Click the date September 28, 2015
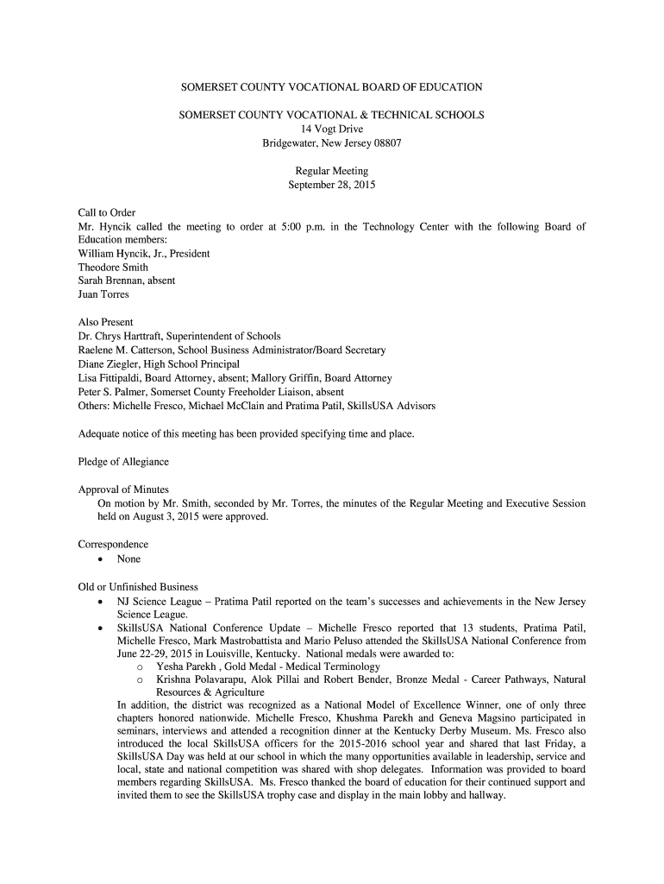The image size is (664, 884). click(332, 185)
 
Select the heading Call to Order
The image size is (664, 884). click(107, 213)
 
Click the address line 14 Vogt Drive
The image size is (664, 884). click(332, 129)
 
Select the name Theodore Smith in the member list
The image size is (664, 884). click(113, 268)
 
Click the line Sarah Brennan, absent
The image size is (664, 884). click(125, 281)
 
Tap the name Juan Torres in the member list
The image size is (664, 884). click(103, 294)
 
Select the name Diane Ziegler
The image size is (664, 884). click(110, 364)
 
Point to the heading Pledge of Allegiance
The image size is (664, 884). click(123, 462)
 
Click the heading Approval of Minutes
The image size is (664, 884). click(123, 489)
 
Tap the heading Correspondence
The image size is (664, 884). click(113, 545)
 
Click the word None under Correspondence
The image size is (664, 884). click(129, 559)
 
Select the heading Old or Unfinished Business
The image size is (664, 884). click(138, 587)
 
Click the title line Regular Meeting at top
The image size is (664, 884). click(332, 171)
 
